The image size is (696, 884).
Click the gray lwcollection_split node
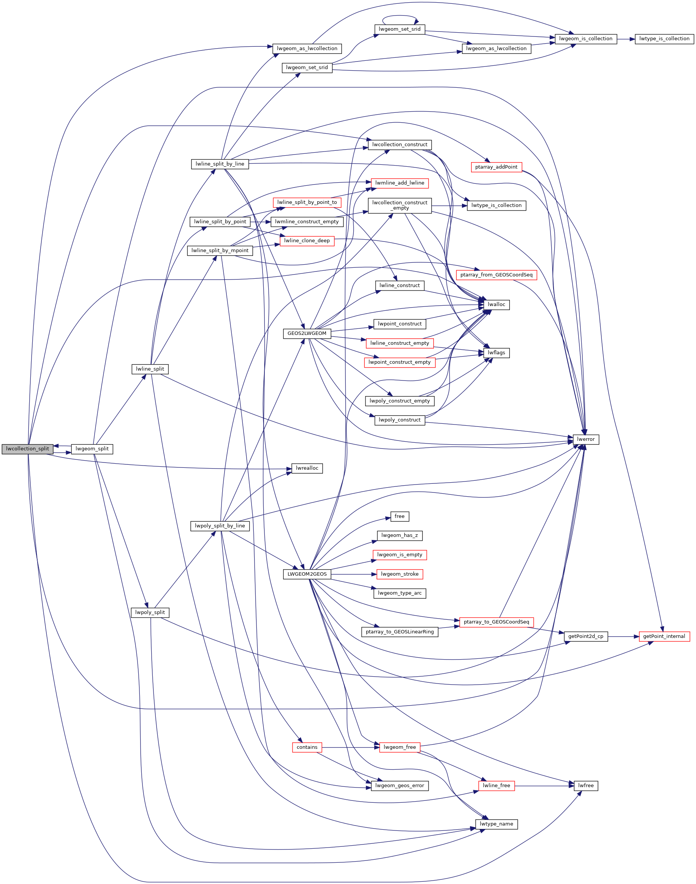pos(27,449)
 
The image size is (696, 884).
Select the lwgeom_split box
pos(92,449)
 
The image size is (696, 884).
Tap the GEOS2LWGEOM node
pos(307,333)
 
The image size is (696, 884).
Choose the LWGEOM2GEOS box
pos(307,574)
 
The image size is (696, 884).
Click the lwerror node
pos(585,439)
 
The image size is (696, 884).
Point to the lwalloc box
pos(496,305)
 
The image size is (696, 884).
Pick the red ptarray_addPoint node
pos(496,167)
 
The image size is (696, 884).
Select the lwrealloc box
pos(307,468)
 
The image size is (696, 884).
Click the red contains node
pos(307,747)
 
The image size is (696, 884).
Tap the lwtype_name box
pos(496,824)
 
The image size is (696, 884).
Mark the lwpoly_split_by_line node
pos(220,526)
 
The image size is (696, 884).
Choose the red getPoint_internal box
pos(664,636)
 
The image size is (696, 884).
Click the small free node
pos(399,516)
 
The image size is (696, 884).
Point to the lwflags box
pos(496,353)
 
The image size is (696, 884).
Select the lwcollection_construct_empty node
pos(399,205)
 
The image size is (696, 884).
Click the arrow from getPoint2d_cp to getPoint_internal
pos(623,636)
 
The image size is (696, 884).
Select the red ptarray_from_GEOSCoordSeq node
pos(496,275)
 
